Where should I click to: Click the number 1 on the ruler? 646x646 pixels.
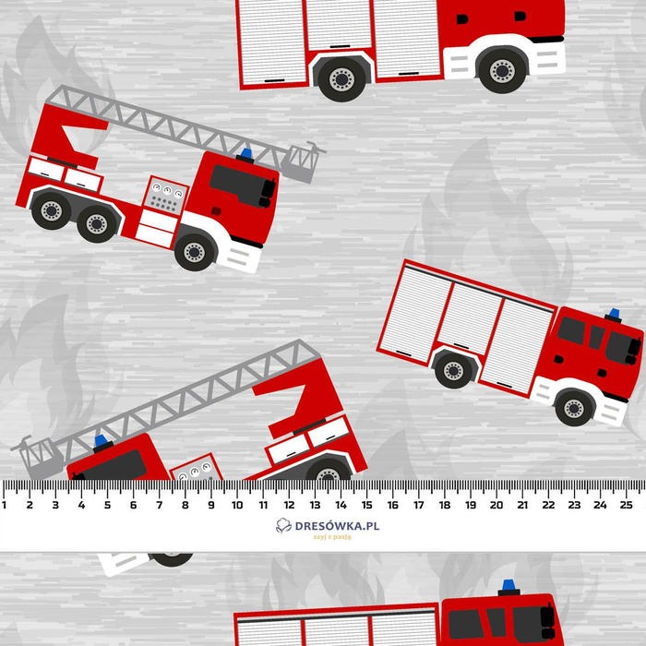point(5,505)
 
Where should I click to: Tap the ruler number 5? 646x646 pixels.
point(107,505)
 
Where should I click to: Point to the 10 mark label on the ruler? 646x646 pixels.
point(237,505)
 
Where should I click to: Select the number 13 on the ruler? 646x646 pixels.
point(315,505)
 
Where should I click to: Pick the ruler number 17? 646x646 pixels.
point(418,505)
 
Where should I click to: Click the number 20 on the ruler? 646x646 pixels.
point(496,505)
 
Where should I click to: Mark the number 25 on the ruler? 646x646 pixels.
point(626,505)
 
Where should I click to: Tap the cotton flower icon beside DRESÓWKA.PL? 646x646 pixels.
point(283,526)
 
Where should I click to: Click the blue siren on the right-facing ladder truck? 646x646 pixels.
point(246,153)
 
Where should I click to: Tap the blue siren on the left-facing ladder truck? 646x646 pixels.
point(101,441)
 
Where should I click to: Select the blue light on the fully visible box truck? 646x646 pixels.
point(612,315)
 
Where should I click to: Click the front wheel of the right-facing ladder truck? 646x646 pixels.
point(195,250)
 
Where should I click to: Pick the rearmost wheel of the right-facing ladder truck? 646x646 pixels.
point(50,211)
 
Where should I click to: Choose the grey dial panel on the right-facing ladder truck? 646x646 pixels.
point(166,197)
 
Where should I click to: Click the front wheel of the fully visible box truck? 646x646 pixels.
point(575,407)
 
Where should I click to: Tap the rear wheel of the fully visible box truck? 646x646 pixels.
point(452,371)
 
